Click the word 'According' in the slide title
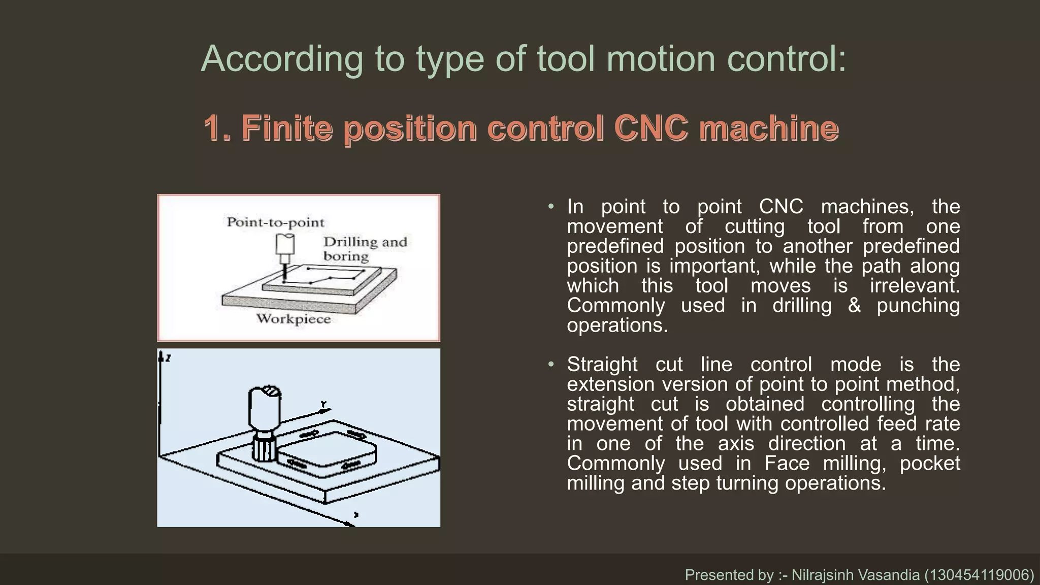click(282, 59)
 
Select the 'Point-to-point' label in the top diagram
click(275, 222)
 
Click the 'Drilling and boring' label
click(365, 249)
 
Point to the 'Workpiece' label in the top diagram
click(293, 319)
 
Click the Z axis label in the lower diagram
click(168, 358)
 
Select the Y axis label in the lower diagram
click(323, 405)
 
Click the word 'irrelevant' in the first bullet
click(914, 286)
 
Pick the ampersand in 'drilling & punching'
click(854, 306)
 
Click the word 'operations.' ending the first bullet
click(617, 326)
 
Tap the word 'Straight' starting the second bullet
click(602, 365)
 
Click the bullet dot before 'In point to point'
click(551, 207)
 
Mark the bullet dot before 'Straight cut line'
click(551, 365)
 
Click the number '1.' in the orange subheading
click(217, 128)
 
